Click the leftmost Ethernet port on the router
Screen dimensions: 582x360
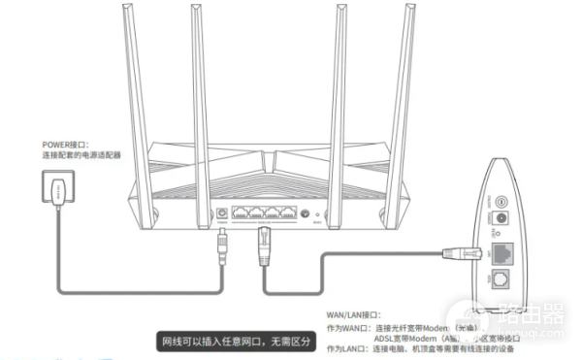244,212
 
